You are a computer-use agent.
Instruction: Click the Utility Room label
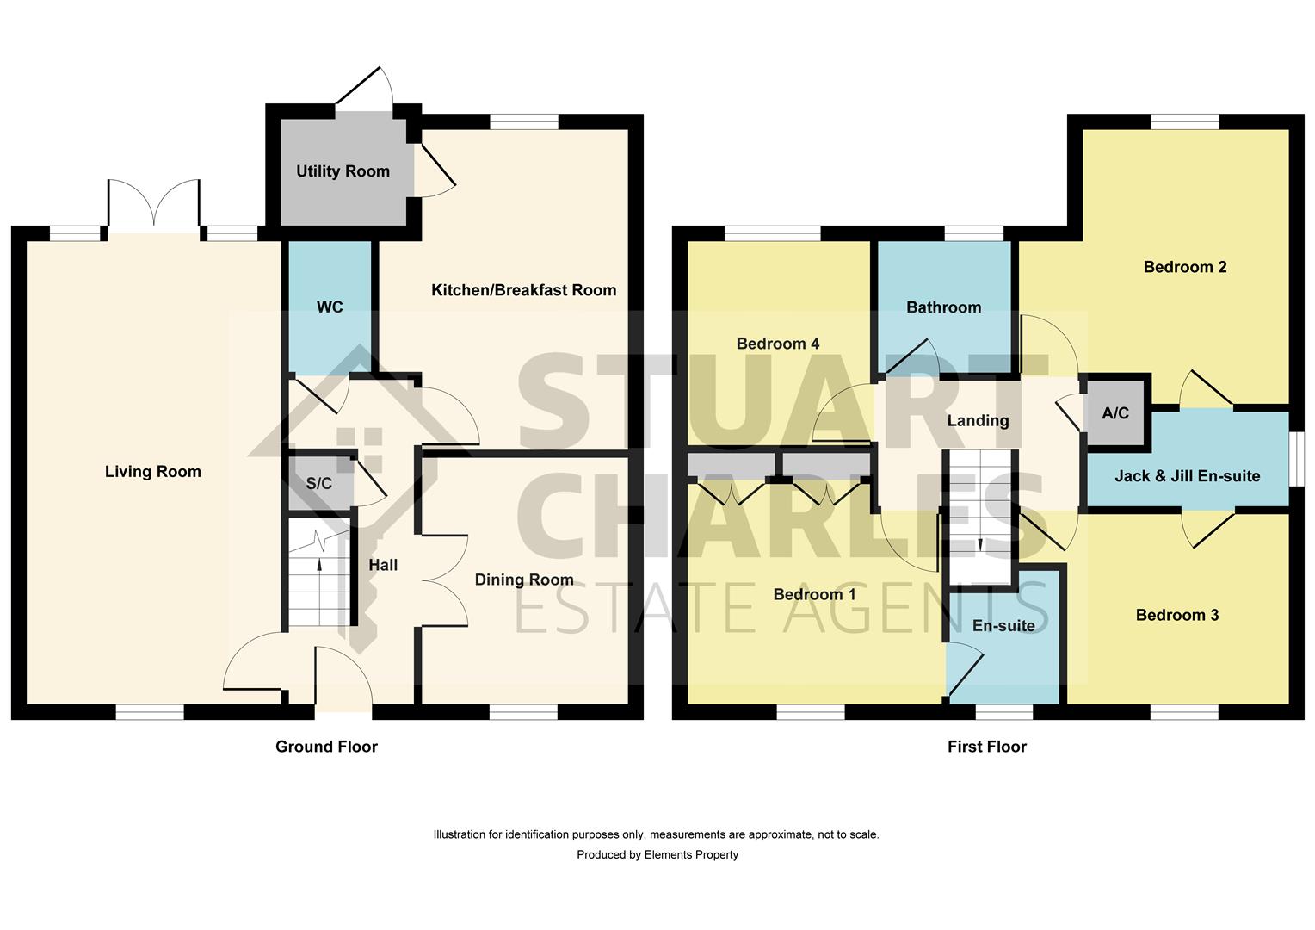click(343, 171)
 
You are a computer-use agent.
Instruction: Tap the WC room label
click(330, 307)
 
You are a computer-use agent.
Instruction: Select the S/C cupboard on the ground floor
click(319, 483)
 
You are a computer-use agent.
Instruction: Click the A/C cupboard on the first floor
click(1115, 413)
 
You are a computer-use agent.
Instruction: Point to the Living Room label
click(153, 472)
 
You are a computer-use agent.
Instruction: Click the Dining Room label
click(523, 580)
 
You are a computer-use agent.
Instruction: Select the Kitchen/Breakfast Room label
click(523, 290)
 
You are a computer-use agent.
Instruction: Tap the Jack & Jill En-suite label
click(1187, 476)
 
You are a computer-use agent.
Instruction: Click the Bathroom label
click(943, 307)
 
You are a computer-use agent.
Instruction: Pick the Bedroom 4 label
click(778, 344)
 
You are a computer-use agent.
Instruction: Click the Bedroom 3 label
click(1176, 615)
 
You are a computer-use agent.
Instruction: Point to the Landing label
click(978, 421)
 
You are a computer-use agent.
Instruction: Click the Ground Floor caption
click(326, 747)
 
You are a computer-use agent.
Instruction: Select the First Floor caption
click(987, 747)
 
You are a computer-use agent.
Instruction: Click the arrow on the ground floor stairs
click(320, 565)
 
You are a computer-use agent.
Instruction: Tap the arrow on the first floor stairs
click(980, 544)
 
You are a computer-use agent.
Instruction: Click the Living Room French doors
click(154, 207)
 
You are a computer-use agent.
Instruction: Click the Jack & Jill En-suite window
click(1296, 460)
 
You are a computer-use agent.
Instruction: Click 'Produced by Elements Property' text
click(657, 855)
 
